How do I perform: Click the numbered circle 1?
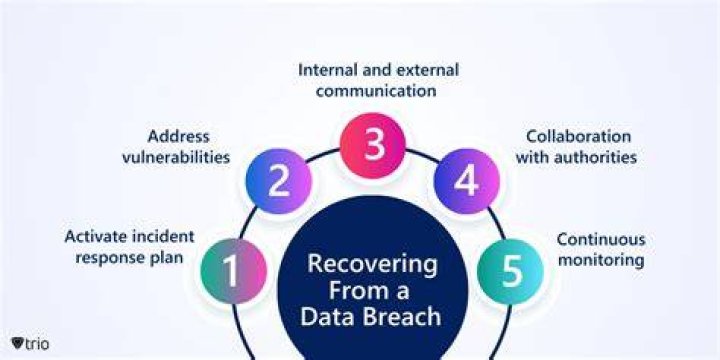point(234,271)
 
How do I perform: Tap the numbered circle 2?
point(279,181)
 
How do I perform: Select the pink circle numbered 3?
point(373,145)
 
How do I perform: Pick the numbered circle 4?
point(467,181)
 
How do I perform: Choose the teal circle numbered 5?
point(510,271)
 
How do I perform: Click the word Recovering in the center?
point(372,265)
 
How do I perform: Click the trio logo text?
point(37,343)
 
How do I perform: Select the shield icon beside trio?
point(17,343)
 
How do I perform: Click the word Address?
point(179,136)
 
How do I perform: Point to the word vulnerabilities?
point(176,158)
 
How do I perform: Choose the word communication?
point(376,91)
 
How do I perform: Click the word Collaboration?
point(579,136)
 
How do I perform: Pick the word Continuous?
point(601,239)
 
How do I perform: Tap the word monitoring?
point(601,261)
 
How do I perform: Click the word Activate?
point(96,236)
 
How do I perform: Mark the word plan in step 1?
point(168,258)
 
